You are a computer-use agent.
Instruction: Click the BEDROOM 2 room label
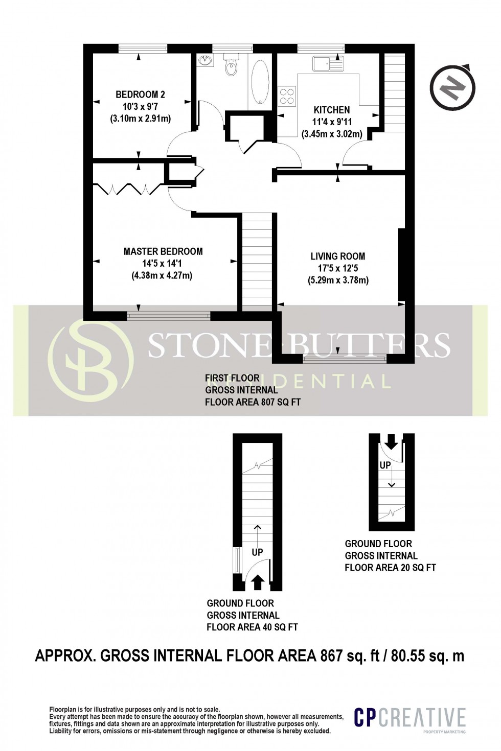(x=140, y=95)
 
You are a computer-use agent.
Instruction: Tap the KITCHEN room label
(x=332, y=110)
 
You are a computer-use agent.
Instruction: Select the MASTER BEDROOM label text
(x=163, y=251)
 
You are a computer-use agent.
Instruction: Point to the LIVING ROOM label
(x=338, y=256)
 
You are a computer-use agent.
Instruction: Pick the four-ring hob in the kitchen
(x=287, y=97)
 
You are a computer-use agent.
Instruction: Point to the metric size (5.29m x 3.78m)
(x=338, y=280)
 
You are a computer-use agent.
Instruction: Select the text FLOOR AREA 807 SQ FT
(x=253, y=402)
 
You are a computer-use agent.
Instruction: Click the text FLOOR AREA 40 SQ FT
(x=253, y=627)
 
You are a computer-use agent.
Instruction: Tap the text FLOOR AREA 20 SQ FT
(x=390, y=567)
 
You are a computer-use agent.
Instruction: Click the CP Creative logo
(x=411, y=718)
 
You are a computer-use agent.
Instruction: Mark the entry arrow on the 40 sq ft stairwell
(x=258, y=580)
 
